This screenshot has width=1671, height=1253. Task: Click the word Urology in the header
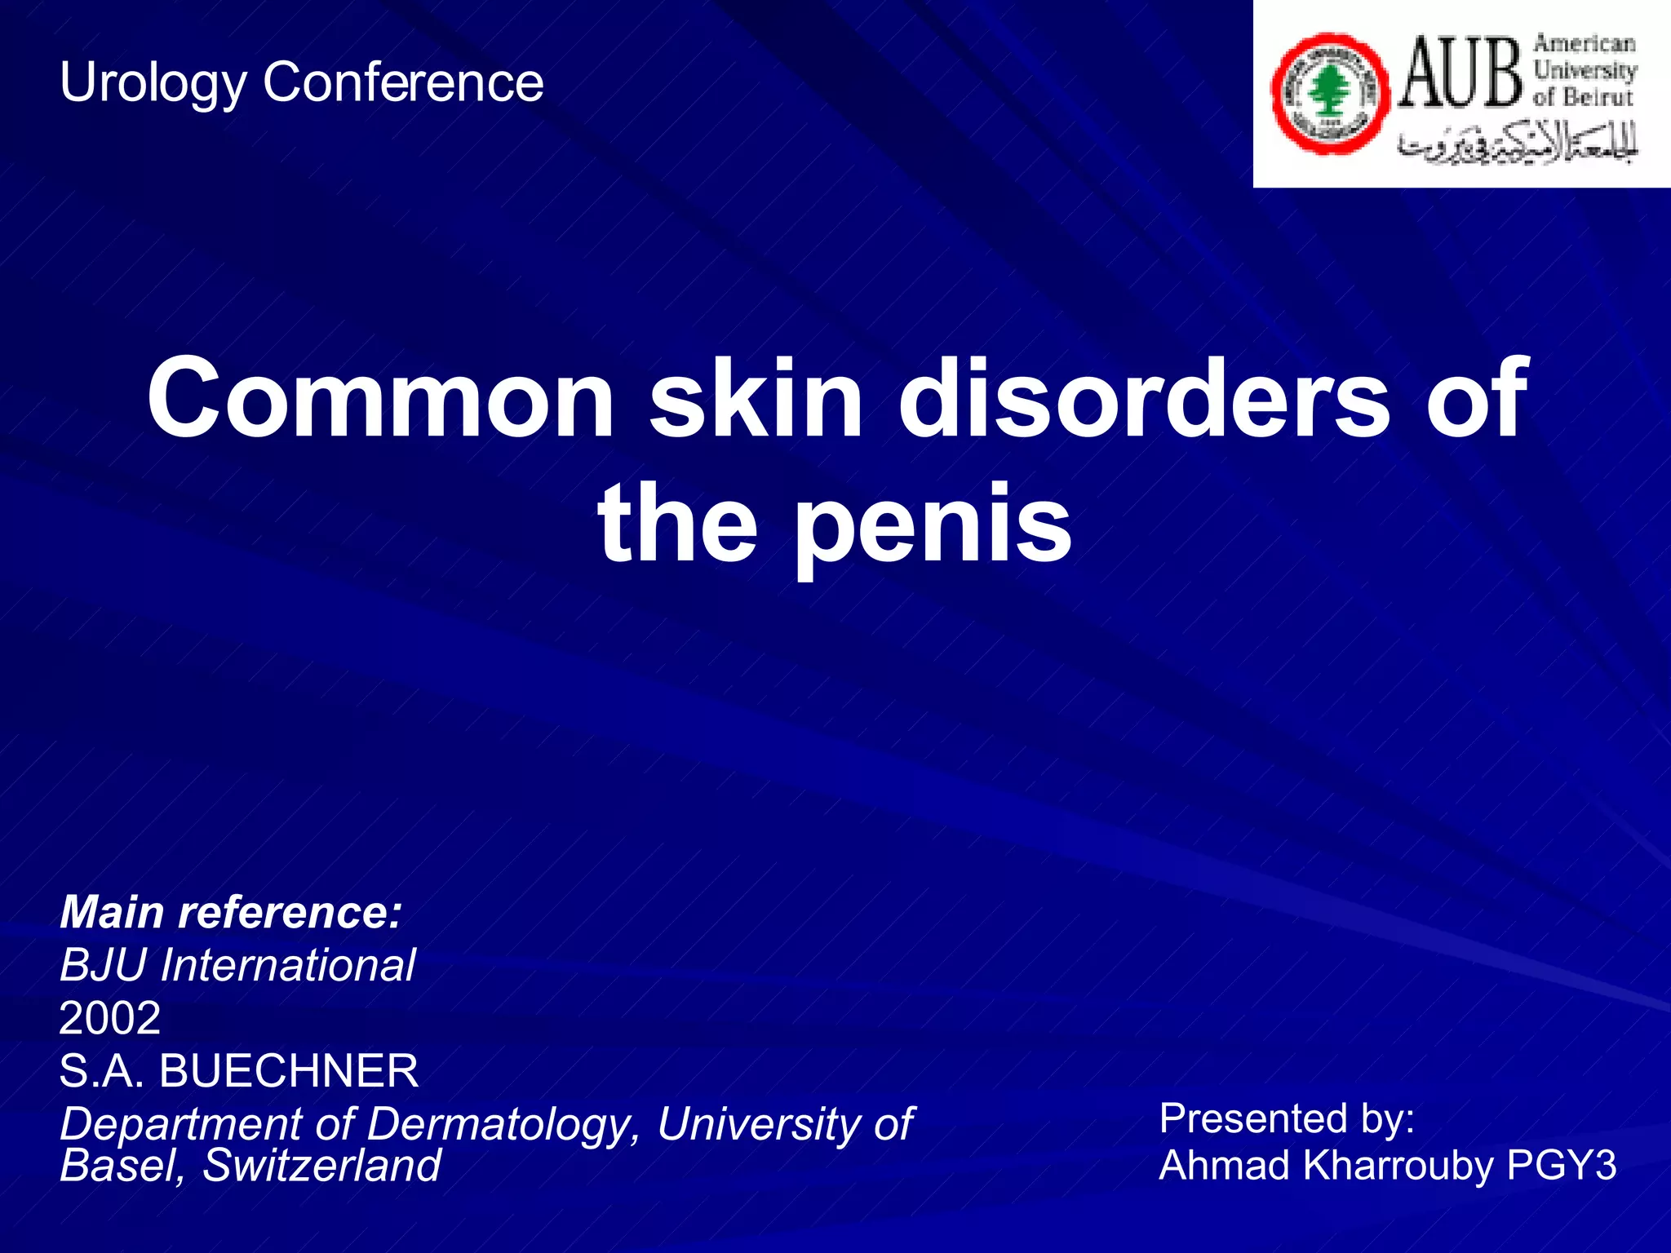point(152,84)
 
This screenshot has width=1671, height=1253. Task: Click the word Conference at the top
point(402,82)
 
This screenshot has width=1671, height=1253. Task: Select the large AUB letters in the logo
point(1460,73)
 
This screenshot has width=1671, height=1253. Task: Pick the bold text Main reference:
point(231,912)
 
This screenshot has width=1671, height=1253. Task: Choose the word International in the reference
point(287,965)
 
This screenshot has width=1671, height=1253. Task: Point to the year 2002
point(110,1018)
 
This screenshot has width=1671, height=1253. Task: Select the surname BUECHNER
point(288,1071)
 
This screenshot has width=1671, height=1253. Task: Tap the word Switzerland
point(321,1165)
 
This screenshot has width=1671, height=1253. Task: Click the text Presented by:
point(1287,1118)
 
